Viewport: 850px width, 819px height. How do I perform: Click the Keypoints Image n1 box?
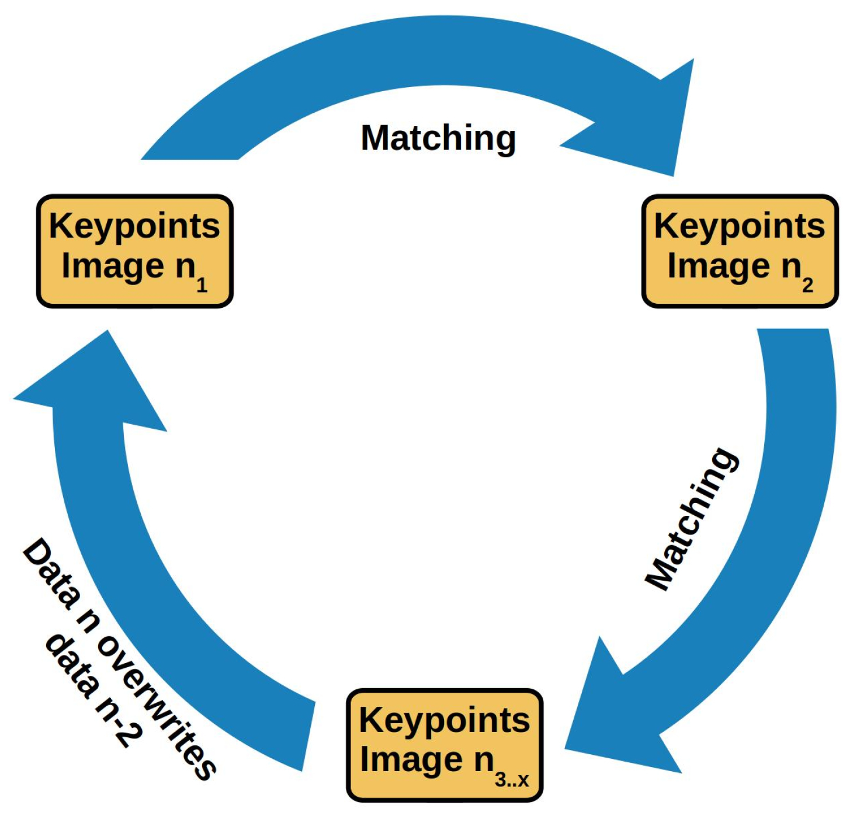pos(135,251)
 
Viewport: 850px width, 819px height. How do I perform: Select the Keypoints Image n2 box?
pos(740,251)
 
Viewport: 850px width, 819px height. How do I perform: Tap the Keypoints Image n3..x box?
pos(445,745)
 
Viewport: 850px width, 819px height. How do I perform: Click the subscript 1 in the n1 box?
pos(202,285)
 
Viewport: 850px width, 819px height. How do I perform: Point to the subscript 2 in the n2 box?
pos(807,285)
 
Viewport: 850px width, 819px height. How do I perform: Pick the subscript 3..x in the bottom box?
pos(512,780)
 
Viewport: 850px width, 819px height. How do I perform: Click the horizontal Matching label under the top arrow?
pos(438,138)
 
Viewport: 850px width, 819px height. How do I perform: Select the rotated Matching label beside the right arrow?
pos(692,519)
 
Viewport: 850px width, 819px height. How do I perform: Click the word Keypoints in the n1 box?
pos(134,226)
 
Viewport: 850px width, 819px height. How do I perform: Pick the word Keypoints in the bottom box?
pos(445,720)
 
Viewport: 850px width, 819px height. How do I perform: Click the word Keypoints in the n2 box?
pos(740,226)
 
